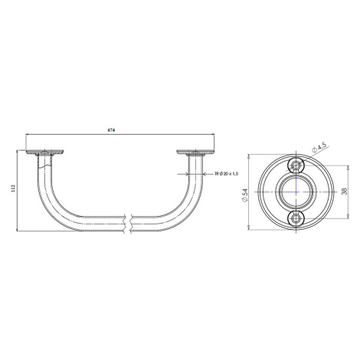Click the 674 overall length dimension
[111, 130]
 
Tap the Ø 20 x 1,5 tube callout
[227, 174]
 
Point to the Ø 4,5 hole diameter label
[319, 148]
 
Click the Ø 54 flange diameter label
[245, 195]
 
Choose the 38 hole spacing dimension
[345, 191]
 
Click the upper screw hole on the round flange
[296, 165]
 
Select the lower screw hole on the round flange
[296, 218]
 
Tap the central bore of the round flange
[296, 191]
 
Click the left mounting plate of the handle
[44, 152]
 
